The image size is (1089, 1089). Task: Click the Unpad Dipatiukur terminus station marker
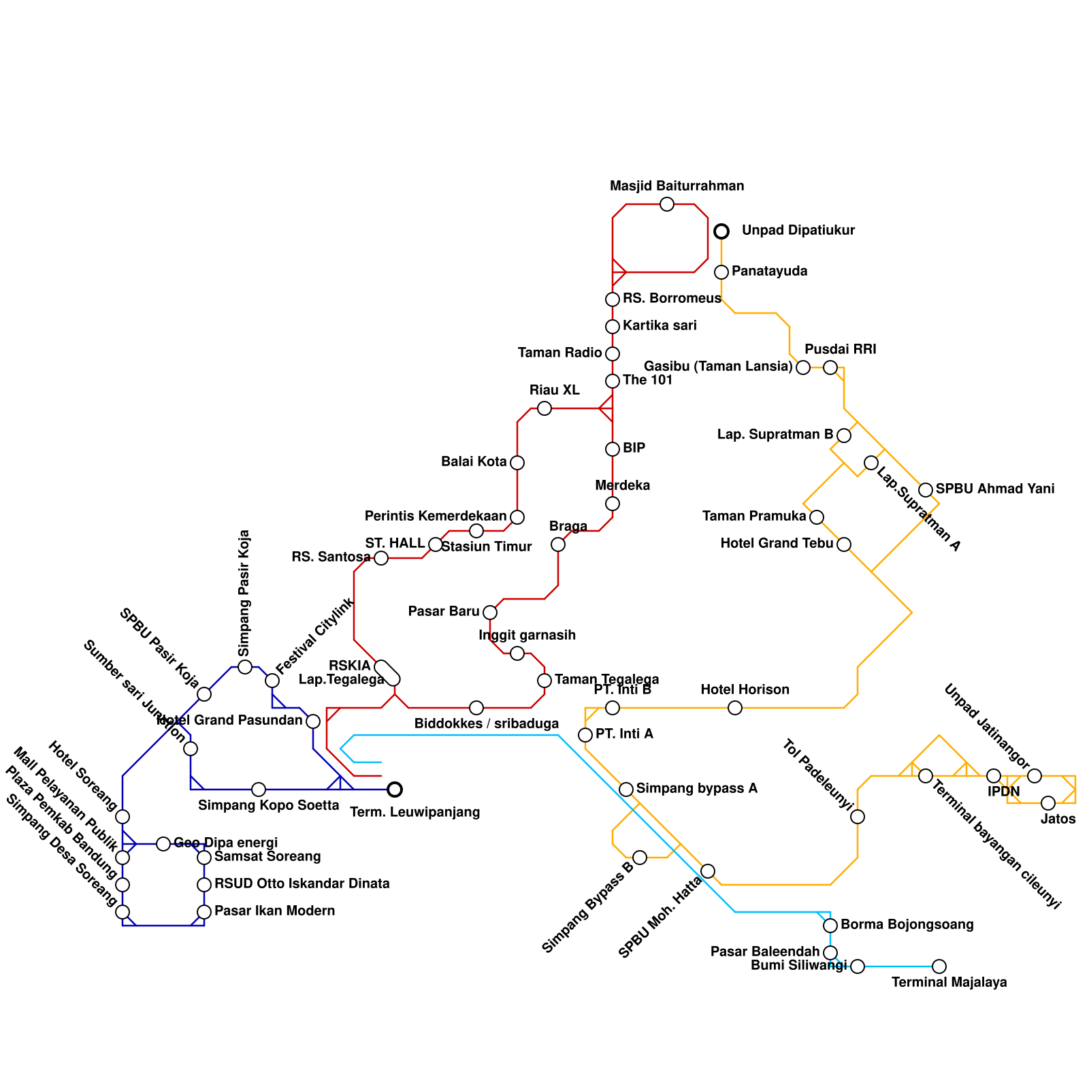(x=721, y=231)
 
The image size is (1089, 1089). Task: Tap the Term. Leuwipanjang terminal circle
(x=395, y=790)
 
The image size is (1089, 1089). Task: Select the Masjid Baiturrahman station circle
(x=667, y=204)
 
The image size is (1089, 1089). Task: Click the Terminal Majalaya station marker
(x=939, y=966)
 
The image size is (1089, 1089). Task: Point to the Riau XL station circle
(x=544, y=408)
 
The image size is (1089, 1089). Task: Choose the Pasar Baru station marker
(x=490, y=613)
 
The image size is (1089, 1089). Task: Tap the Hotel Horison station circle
(x=735, y=708)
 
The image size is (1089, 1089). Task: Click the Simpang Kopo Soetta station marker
(x=259, y=790)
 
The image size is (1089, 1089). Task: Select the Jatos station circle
(x=1048, y=803)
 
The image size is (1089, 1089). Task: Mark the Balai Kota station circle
(x=517, y=463)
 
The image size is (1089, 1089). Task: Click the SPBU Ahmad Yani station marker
(x=926, y=490)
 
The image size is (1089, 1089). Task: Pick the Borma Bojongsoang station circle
(x=830, y=926)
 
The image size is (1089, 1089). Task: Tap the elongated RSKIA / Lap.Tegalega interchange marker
(x=388, y=672)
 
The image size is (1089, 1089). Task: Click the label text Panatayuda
(x=769, y=272)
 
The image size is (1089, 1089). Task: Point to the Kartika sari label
(x=660, y=326)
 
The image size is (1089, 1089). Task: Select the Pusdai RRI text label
(x=840, y=350)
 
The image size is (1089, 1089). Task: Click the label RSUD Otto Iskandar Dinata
(x=302, y=884)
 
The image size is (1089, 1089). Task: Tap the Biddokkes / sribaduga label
(x=487, y=724)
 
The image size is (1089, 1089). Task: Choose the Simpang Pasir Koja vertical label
(x=245, y=592)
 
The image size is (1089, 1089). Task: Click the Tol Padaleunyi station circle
(x=858, y=817)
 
